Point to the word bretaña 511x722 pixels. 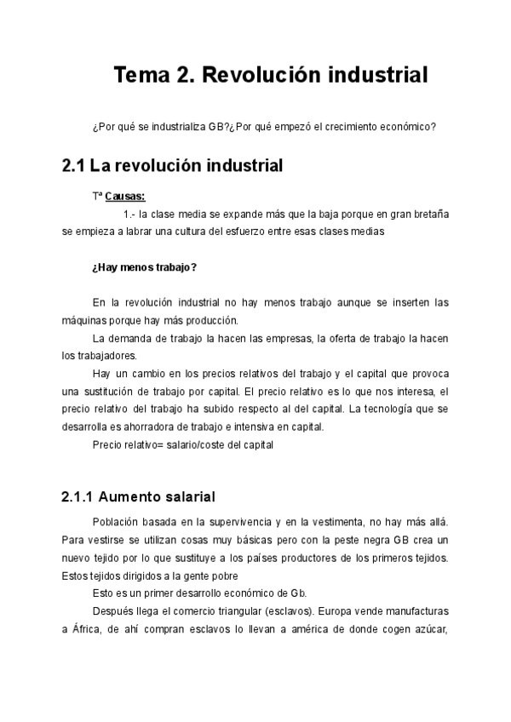coord(428,214)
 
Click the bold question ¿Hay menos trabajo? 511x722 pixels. coord(144,267)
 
